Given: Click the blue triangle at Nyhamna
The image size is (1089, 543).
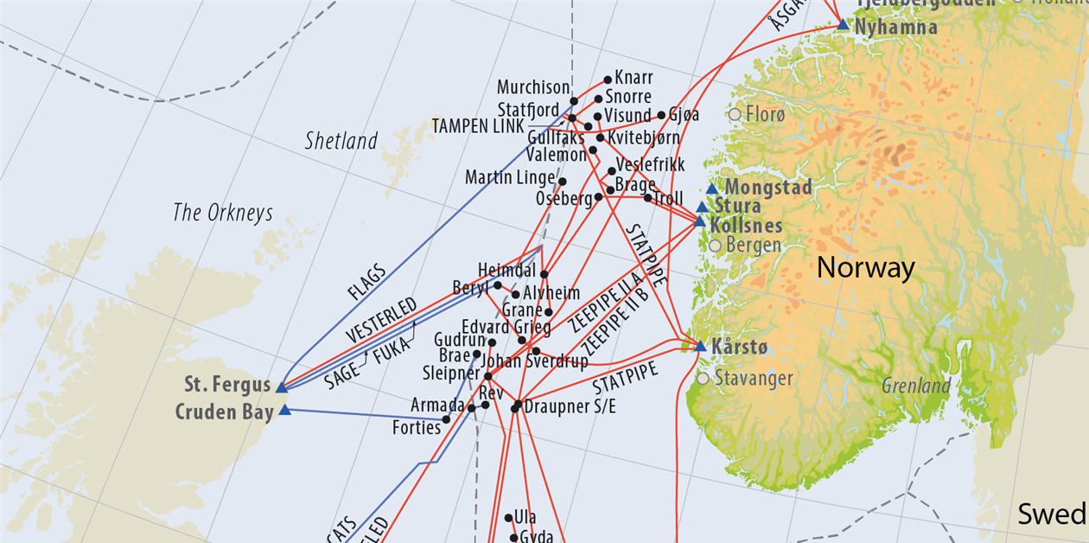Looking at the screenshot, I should pyautogui.click(x=843, y=25).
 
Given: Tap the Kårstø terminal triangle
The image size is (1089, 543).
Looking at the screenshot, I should pyautogui.click(x=700, y=347).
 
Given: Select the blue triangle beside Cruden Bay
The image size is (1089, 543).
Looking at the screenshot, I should pyautogui.click(x=284, y=410).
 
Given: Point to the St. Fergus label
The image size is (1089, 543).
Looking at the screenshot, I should pyautogui.click(x=227, y=384).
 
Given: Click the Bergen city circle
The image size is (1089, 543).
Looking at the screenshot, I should pyautogui.click(x=715, y=246).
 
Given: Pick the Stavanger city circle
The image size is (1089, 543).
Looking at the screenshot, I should pyautogui.click(x=703, y=378).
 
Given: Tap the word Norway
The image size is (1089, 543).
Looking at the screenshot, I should pyautogui.click(x=865, y=268).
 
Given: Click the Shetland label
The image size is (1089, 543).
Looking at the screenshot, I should pyautogui.click(x=341, y=141).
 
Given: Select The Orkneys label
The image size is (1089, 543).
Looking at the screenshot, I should pyautogui.click(x=223, y=213).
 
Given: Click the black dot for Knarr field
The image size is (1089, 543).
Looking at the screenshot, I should pyautogui.click(x=608, y=80).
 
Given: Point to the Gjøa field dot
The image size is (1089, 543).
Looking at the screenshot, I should pyautogui.click(x=661, y=115).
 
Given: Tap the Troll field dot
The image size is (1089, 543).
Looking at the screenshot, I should pyautogui.click(x=647, y=198).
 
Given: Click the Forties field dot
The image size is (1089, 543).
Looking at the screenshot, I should pyautogui.click(x=446, y=419).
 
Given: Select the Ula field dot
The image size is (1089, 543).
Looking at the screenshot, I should pyautogui.click(x=508, y=518).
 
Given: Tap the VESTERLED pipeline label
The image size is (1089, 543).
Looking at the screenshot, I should pyautogui.click(x=381, y=319).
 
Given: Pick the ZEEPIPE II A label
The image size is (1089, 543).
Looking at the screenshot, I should pyautogui.click(x=607, y=302).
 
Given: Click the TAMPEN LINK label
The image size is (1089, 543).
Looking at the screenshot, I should pyautogui.click(x=478, y=126).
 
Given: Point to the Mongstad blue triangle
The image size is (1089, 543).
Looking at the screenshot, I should pyautogui.click(x=711, y=188).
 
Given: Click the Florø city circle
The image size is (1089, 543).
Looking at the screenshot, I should pyautogui.click(x=735, y=114).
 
